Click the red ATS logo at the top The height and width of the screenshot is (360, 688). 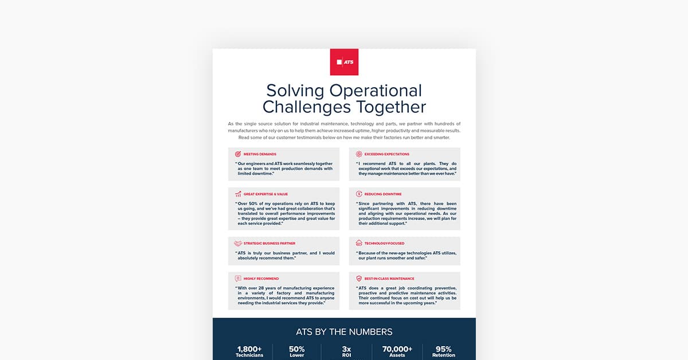[x=344, y=62]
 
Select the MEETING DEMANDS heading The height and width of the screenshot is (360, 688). [x=260, y=154]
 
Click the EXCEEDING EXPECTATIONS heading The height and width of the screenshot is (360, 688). [x=386, y=154]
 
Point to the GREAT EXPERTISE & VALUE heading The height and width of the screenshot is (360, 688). [x=265, y=194]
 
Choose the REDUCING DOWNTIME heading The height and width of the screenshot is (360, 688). [x=383, y=194]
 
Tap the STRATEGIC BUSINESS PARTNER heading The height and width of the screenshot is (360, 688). [x=269, y=244]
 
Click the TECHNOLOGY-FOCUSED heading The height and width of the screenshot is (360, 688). [x=384, y=244]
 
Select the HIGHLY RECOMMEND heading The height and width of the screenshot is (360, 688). [x=261, y=279]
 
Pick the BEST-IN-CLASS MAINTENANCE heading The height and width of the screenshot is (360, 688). [x=393, y=279]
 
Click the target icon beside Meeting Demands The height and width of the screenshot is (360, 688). [x=238, y=154]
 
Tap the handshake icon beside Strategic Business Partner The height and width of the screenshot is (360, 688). [x=238, y=244]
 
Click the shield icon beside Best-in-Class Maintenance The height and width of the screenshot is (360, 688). [x=359, y=279]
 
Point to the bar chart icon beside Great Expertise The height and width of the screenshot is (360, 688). [x=238, y=194]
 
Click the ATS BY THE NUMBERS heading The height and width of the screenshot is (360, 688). [x=344, y=332]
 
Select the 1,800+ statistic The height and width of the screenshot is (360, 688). [x=249, y=349]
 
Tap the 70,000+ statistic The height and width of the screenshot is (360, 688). [x=397, y=349]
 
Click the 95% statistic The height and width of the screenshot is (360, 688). [x=444, y=349]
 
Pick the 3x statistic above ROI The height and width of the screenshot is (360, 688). [x=346, y=349]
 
